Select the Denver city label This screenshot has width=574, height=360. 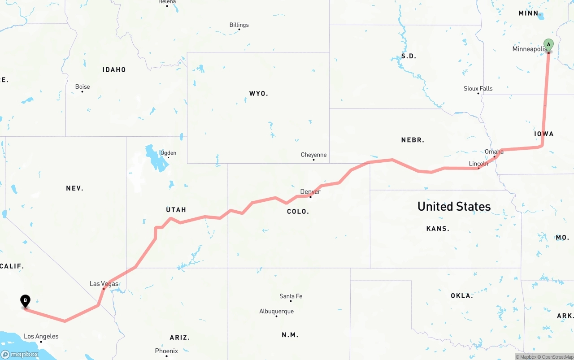[310, 192]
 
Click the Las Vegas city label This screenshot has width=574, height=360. [104, 284]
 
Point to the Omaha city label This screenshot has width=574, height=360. [494, 152]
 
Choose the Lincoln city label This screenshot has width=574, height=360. [478, 164]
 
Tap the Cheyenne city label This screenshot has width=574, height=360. [313, 155]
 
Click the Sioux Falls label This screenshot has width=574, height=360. [478, 89]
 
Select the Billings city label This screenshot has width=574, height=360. [239, 25]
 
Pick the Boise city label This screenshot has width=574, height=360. [83, 87]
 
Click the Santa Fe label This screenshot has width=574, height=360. [291, 296]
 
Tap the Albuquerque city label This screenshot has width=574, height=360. [276, 312]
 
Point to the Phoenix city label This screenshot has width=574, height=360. [166, 351]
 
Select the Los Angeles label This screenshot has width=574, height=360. [41, 336]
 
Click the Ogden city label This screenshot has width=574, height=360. [168, 153]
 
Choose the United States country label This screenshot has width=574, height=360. [454, 206]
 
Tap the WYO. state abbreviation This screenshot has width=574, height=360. [259, 94]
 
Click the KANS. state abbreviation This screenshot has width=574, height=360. [438, 229]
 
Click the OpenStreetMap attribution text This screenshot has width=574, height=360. [557, 357]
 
